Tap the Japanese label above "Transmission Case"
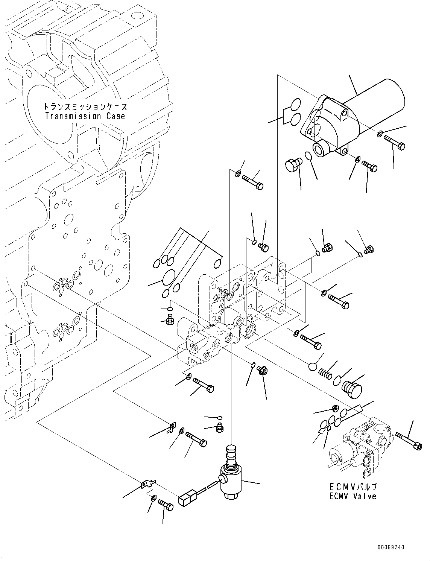point(85,107)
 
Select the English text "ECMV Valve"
point(353,496)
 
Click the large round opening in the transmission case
point(49,115)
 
